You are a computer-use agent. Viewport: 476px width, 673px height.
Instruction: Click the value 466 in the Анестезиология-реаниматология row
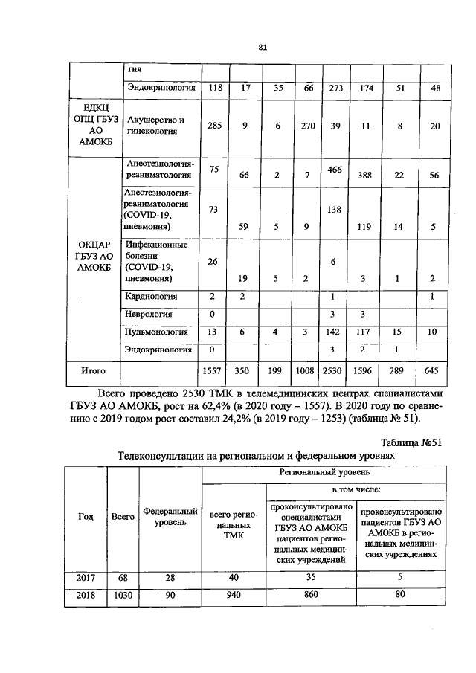[335, 170]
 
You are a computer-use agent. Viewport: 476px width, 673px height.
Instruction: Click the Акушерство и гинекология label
[155, 126]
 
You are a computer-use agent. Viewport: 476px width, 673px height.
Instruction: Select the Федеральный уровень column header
[170, 517]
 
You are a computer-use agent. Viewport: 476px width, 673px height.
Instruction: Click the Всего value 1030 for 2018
[122, 595]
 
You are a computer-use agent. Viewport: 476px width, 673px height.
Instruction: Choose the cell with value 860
[311, 595]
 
